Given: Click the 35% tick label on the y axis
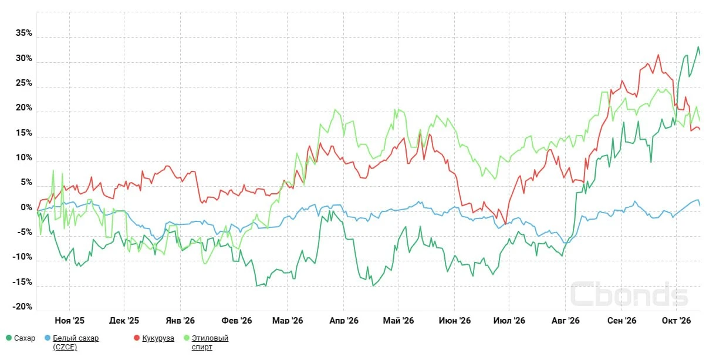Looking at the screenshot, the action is click(x=24, y=33).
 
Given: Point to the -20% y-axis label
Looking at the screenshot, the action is click(x=22, y=307).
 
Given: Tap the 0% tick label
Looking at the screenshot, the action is click(x=26, y=207).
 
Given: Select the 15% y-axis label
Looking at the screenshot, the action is click(x=24, y=133).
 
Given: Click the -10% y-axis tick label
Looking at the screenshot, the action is click(x=22, y=257).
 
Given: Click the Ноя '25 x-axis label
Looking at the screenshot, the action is click(x=70, y=321).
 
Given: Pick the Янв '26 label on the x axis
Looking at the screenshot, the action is click(x=180, y=321).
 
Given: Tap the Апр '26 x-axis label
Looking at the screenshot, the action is click(x=344, y=321).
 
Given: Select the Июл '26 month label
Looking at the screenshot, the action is click(x=509, y=321).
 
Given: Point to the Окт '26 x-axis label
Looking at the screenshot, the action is click(x=677, y=321).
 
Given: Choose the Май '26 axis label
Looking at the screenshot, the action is click(x=398, y=321).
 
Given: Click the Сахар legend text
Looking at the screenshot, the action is click(x=25, y=338).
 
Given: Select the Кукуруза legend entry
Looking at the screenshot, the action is click(x=158, y=338).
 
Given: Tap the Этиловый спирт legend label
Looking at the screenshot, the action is click(x=210, y=342).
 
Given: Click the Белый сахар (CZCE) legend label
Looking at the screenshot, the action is click(x=76, y=342).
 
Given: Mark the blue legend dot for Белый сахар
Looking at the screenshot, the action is click(x=48, y=338).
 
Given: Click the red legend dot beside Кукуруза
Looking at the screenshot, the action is click(x=137, y=338).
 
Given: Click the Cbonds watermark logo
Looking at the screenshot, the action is click(x=629, y=294).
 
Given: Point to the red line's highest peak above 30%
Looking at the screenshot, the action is click(x=658, y=55).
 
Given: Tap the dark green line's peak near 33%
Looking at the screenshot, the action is click(x=698, y=47).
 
